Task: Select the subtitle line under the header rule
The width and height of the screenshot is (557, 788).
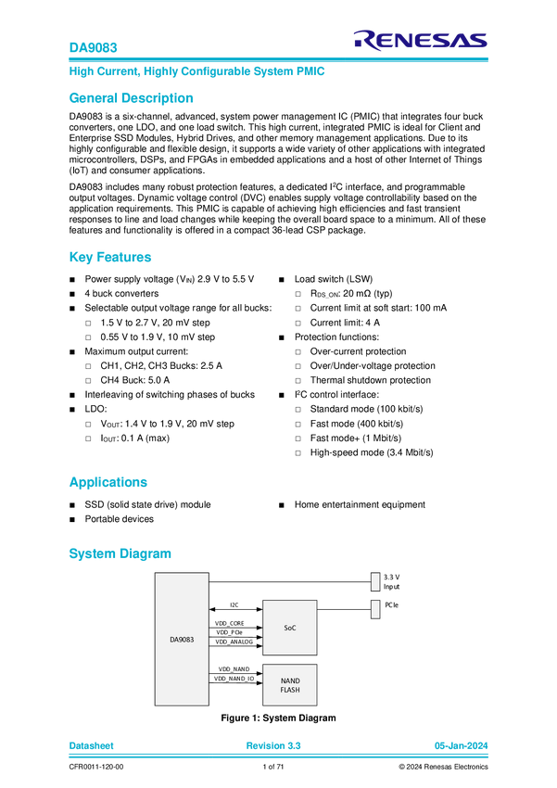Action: tap(196, 70)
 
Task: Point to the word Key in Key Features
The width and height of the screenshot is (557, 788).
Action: tap(81, 258)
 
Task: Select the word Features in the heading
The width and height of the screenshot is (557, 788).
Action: tap(124, 258)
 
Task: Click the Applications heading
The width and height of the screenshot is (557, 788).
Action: tap(108, 482)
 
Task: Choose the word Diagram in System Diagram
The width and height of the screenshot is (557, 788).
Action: tap(146, 553)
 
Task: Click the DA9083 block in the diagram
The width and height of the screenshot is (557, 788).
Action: tap(182, 639)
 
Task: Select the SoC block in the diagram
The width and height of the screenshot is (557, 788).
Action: tap(289, 628)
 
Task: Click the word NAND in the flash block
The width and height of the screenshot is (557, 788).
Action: tap(290, 680)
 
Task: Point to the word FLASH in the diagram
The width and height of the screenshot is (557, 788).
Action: tap(290, 690)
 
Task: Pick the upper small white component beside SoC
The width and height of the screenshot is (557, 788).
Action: tap(375, 581)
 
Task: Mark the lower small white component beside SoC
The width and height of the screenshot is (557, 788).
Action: tap(375, 609)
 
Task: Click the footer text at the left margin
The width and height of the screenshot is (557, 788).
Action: tap(92, 744)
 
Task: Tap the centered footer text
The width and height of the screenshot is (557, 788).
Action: tap(273, 744)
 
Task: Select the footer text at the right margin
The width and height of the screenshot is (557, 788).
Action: tap(461, 744)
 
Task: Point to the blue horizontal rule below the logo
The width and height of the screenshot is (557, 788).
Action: tap(278, 59)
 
